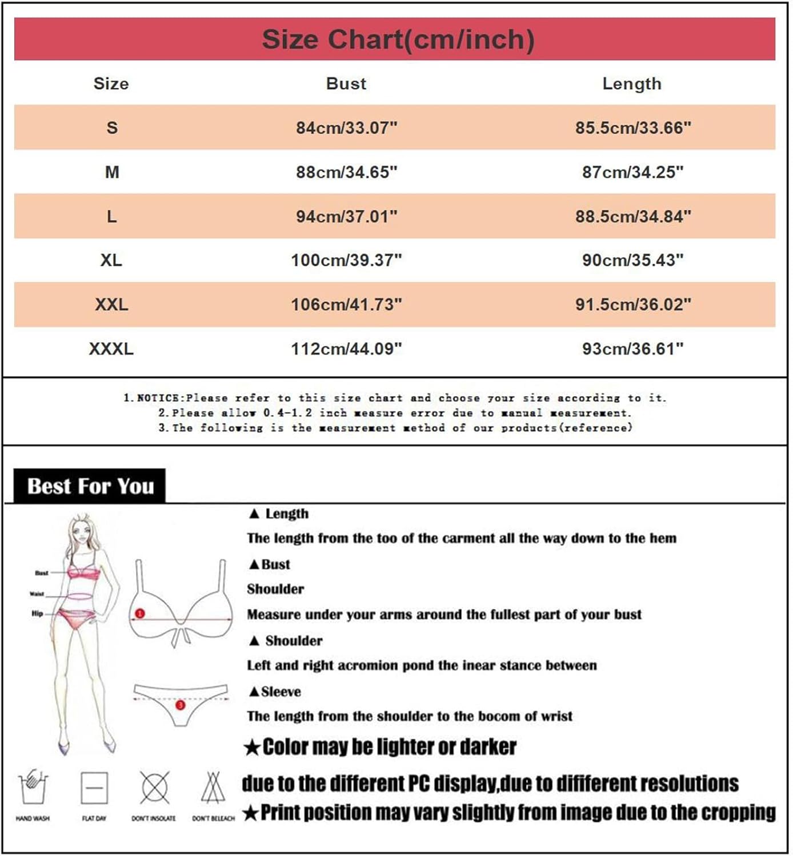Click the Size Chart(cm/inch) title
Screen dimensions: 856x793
[x=398, y=39]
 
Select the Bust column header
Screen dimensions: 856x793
[x=346, y=83]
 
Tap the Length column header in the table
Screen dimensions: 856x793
[x=631, y=83]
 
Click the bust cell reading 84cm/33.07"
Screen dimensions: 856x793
[x=346, y=127]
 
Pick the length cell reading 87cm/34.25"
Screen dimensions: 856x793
[x=632, y=172]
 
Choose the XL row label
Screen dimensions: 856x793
[x=111, y=260]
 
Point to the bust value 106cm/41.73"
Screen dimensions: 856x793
[x=346, y=304]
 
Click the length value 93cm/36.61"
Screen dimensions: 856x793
[x=632, y=348]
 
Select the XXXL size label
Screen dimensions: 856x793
[x=111, y=348]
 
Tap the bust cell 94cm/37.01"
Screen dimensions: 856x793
[x=346, y=216]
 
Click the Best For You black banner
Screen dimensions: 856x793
[x=90, y=486]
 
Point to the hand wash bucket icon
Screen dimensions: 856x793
[x=33, y=788]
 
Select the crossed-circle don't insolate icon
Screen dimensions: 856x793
[x=154, y=788]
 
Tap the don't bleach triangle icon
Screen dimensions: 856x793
[x=213, y=788]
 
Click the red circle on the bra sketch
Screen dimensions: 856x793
[x=140, y=613]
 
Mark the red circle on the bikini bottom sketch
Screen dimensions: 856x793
[x=181, y=705]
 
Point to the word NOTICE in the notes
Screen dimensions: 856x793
[x=158, y=398]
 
